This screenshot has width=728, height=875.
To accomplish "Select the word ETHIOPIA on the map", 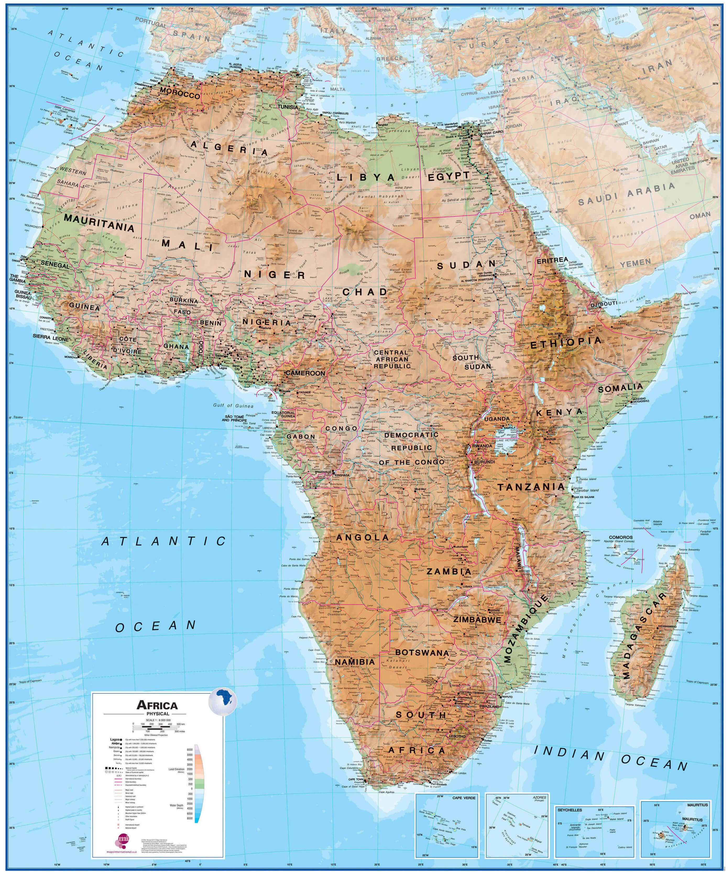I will coord(566,342).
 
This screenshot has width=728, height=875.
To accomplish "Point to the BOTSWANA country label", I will coord(422,653).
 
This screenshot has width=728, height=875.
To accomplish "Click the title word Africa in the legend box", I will coord(157,706).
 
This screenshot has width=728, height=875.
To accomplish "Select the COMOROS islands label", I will coord(621,538).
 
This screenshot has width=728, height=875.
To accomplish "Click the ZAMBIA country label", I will coord(449,572).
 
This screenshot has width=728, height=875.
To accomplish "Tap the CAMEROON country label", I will coord(305,373).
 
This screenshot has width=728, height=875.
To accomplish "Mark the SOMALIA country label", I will coord(621,388).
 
